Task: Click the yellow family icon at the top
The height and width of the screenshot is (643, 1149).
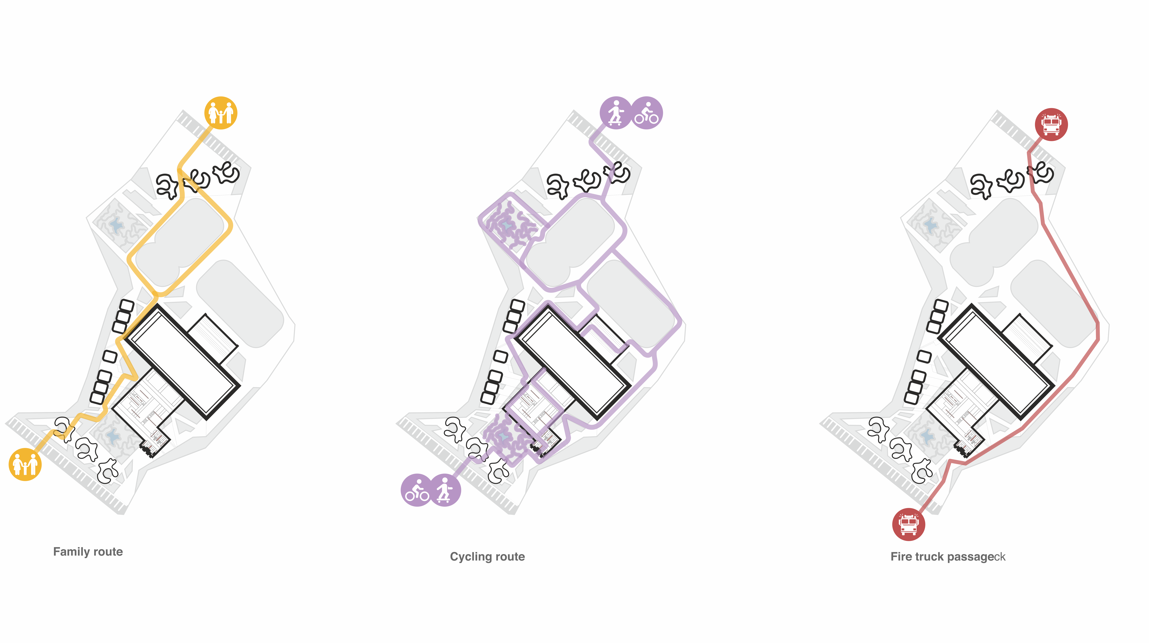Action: coord(221,113)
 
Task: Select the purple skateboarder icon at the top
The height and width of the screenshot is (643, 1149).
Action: coord(616,113)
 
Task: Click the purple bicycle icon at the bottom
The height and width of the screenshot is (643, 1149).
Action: coord(417,490)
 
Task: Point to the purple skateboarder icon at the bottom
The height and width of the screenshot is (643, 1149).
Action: coord(445,490)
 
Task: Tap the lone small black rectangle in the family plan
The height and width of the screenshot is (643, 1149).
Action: coord(110,356)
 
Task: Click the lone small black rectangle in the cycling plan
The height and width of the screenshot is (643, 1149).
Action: coord(500,356)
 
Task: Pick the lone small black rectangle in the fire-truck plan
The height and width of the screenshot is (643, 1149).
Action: coord(924,356)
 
